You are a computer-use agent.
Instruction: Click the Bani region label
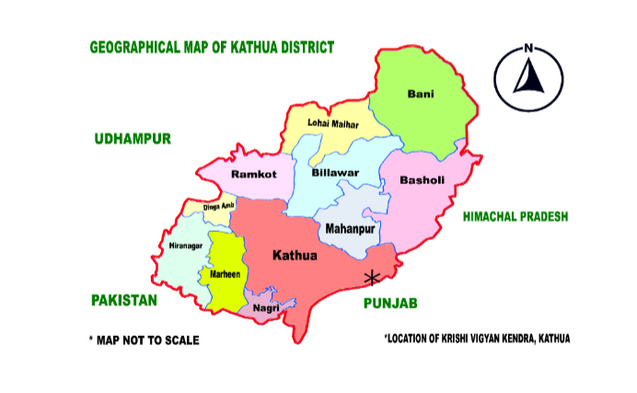421,93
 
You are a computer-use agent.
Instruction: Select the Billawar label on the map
334,172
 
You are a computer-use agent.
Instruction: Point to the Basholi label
422,180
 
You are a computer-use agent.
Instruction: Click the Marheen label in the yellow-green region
226,274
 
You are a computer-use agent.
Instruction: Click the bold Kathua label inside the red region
295,253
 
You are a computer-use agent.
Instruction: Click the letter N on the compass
528,49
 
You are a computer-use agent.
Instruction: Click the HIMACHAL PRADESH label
515,216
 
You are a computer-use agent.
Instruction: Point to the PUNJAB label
390,303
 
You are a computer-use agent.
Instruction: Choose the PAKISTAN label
124,300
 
